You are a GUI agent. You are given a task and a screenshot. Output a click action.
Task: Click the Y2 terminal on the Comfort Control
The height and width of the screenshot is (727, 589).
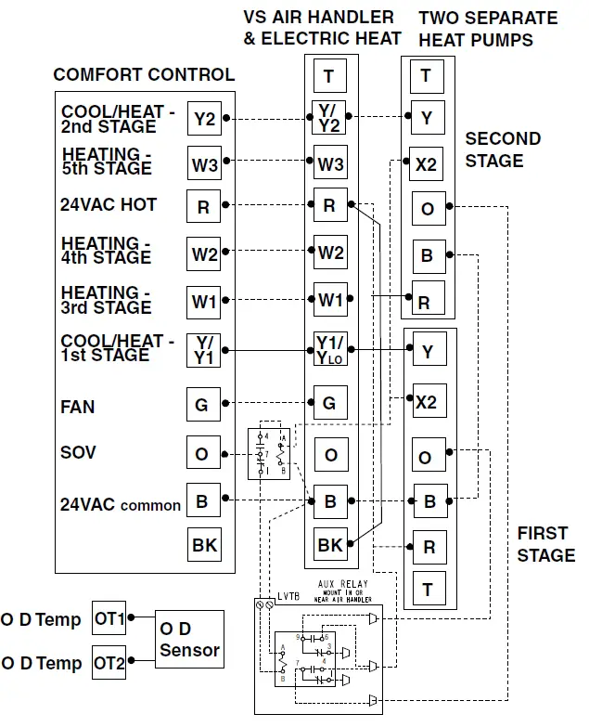(204, 119)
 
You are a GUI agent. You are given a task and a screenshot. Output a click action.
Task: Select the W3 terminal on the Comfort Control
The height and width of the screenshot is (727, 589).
(204, 165)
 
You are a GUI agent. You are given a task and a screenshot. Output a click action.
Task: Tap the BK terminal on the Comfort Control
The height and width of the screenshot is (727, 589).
(204, 545)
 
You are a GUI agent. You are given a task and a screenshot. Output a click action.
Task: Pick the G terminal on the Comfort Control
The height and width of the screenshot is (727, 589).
(203, 406)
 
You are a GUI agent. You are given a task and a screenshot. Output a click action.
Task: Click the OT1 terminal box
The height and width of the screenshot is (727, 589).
(109, 617)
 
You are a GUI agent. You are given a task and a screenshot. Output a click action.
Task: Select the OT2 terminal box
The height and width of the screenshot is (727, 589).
(109, 663)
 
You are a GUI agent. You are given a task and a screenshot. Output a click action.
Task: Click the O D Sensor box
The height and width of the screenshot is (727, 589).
(189, 640)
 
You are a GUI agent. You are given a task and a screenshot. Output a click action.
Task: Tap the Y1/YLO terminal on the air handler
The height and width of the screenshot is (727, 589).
(330, 351)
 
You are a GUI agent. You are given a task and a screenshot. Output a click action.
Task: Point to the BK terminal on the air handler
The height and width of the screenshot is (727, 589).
(330, 545)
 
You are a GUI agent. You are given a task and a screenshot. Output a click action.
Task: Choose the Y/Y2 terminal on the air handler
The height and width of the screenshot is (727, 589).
(330, 118)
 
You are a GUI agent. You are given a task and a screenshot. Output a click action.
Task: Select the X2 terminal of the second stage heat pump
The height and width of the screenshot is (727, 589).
(426, 164)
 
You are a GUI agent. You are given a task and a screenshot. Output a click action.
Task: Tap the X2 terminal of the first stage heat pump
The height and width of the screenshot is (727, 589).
(426, 402)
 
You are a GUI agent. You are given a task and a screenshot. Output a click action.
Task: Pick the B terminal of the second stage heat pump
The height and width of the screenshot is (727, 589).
(428, 254)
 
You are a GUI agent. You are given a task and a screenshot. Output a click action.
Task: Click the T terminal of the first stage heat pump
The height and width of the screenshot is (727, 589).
(428, 589)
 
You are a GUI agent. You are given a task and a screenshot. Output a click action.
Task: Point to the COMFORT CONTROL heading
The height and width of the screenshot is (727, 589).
(144, 75)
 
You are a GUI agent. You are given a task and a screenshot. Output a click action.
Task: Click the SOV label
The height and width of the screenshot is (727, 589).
(78, 452)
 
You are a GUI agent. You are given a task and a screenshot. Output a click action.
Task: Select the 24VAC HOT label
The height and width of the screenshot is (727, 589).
(109, 204)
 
